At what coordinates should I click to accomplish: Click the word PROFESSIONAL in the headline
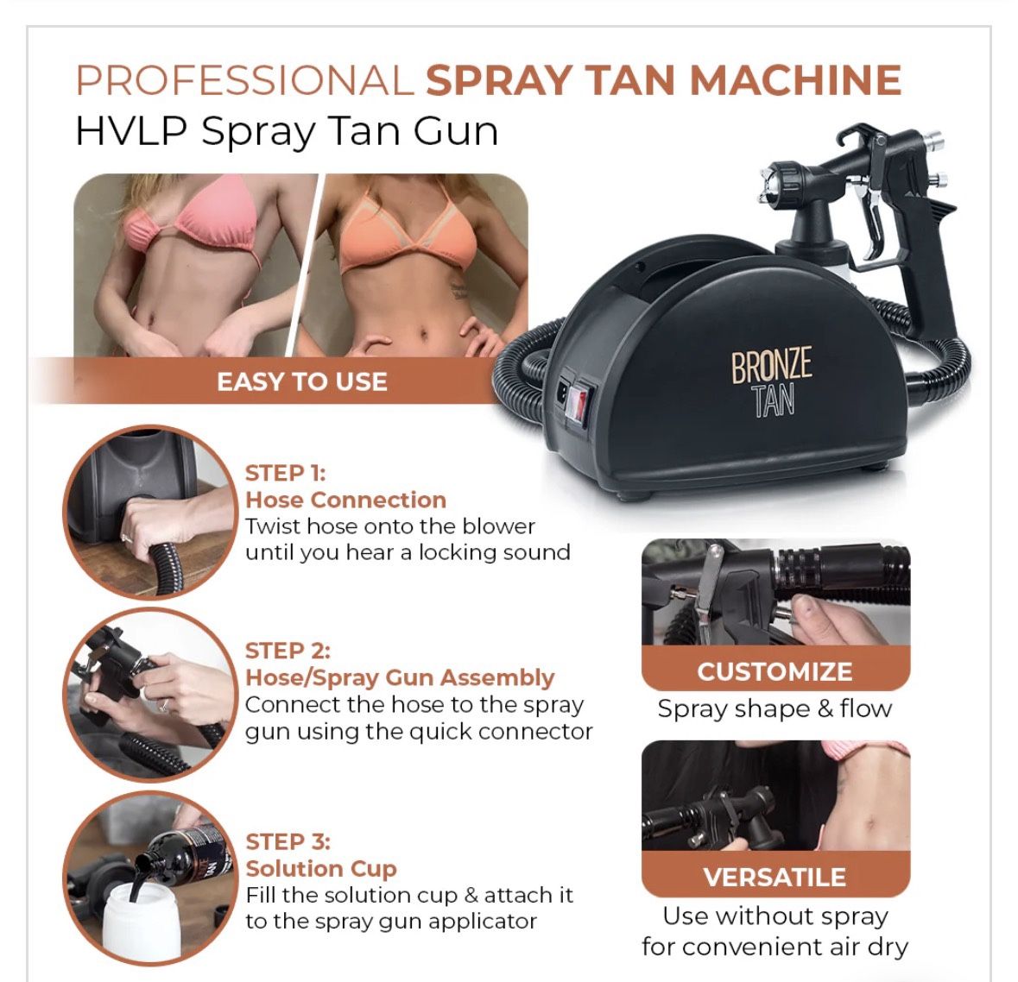[x=245, y=80]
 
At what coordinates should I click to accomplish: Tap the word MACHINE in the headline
[x=794, y=80]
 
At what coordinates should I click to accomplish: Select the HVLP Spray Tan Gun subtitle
[x=287, y=131]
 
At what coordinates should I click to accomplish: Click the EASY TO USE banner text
[x=301, y=381]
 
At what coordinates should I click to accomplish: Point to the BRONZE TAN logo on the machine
[x=771, y=382]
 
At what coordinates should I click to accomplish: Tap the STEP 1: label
[x=285, y=473]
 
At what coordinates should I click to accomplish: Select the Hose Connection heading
[x=345, y=500]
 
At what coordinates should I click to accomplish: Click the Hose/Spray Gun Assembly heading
[x=400, y=677]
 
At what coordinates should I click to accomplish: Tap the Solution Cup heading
[x=320, y=868]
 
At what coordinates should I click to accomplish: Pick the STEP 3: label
[x=288, y=841]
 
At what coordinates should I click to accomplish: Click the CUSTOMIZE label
[x=775, y=671]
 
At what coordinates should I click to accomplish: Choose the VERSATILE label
[x=775, y=877]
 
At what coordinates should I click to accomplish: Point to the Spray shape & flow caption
[x=775, y=709]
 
